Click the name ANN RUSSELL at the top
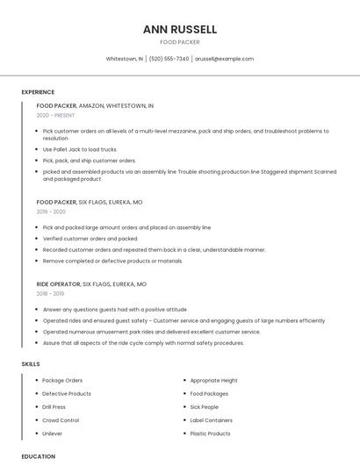point(180,29)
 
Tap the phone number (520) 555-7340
point(169,59)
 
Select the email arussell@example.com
point(224,59)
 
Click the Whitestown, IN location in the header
point(124,59)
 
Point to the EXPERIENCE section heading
point(38,92)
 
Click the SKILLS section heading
point(31,363)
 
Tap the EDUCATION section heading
point(38,456)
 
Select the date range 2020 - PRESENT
point(56,115)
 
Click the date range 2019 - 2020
point(51,211)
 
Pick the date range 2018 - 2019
point(51,294)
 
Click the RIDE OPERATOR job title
point(58,284)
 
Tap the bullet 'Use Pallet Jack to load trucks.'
point(80,149)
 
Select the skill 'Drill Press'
point(54,407)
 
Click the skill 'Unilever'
point(53,433)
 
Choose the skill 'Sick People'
point(205,407)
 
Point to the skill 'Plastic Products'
point(211,433)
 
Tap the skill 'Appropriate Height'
point(214,381)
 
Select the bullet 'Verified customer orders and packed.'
point(90,239)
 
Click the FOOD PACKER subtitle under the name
point(180,42)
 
